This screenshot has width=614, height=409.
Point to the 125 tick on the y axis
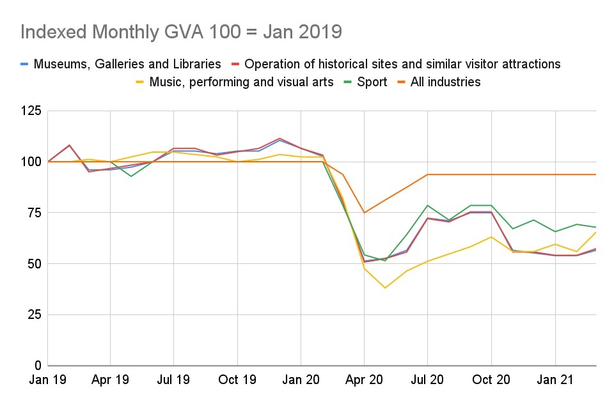pos(31,111)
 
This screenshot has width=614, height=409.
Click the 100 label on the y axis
pos(31,162)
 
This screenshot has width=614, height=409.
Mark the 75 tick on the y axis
pos(33,213)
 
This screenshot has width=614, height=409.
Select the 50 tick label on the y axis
pos(33,263)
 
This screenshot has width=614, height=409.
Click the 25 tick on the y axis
pos(33,314)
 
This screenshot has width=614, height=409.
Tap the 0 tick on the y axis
pos(37,366)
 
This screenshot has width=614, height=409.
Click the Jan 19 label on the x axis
pos(47,380)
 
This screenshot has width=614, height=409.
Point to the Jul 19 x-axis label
pos(173,380)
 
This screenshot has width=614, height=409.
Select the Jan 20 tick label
pos(301,380)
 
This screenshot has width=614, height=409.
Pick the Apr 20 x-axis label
pos(364,380)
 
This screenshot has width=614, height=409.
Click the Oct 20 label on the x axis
pos(491,380)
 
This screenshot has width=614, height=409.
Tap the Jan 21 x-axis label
pos(555,380)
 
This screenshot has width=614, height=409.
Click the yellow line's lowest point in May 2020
pos(385,288)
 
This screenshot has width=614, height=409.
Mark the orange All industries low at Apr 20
pos(364,213)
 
